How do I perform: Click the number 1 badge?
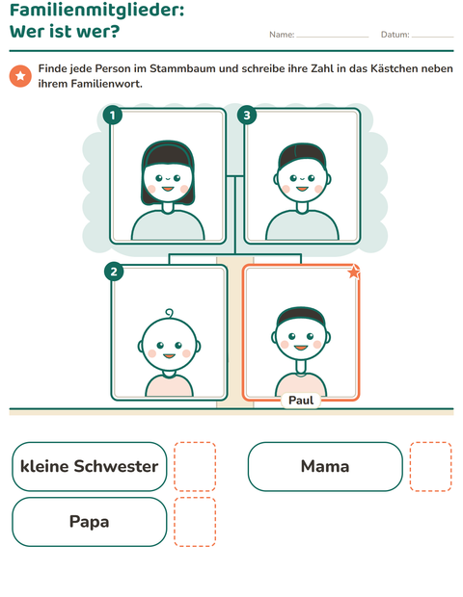point(113,115)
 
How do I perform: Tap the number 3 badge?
point(247,115)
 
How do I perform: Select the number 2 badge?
point(114,272)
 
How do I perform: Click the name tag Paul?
point(301,401)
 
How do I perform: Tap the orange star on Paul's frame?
point(354,272)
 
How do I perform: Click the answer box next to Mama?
point(431,466)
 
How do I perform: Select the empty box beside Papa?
point(195,522)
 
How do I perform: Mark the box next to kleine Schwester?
point(195,466)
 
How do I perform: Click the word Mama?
point(325,466)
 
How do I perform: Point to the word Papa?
point(90,522)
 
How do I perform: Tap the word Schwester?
point(116,466)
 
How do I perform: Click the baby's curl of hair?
point(169,313)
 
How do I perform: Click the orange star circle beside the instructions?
point(20,76)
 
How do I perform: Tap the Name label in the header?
point(282,35)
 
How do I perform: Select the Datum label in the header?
point(395,35)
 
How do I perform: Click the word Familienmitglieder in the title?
point(96,11)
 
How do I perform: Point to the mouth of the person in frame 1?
point(168,189)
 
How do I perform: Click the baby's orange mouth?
point(169,356)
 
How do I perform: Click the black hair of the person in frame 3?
point(302,154)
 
